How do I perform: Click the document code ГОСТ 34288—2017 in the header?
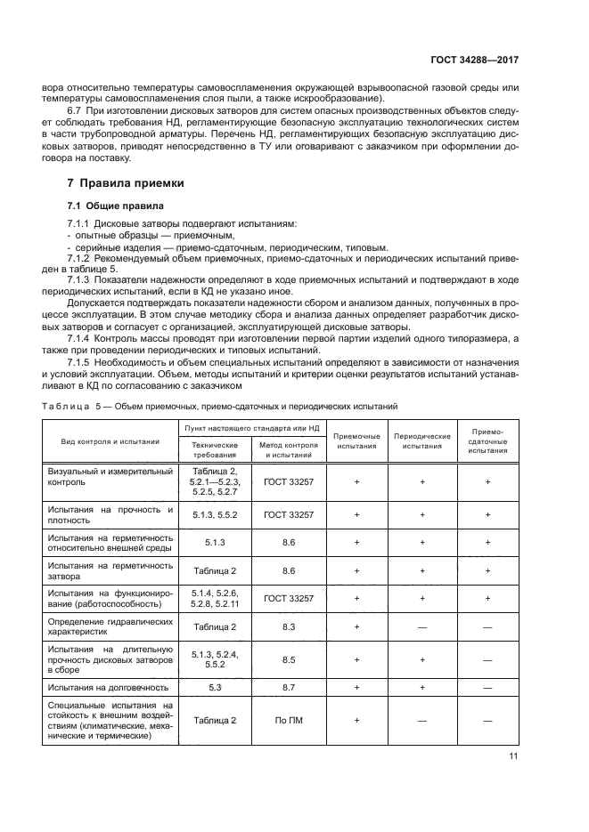pyautogui.click(x=475, y=61)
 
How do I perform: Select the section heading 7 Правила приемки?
pyautogui.click(x=126, y=183)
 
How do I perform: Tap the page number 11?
pyautogui.click(x=513, y=756)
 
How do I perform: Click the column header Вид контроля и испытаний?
pyautogui.click(x=110, y=440)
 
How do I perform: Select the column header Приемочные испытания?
pyautogui.click(x=356, y=440)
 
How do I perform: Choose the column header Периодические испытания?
pyautogui.click(x=421, y=440)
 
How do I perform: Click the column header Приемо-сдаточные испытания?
pyautogui.click(x=487, y=440)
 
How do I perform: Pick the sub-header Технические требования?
pyautogui.click(x=215, y=448)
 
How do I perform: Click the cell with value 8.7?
pyautogui.click(x=288, y=687)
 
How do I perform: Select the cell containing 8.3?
pyautogui.click(x=288, y=627)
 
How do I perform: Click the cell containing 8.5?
pyautogui.click(x=288, y=659)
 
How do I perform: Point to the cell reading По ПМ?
pyautogui.click(x=288, y=720)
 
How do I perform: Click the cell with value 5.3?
pyautogui.click(x=215, y=687)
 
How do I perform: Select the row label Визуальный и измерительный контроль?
pyautogui.click(x=110, y=478)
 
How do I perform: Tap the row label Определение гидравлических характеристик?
pyautogui.click(x=110, y=627)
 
